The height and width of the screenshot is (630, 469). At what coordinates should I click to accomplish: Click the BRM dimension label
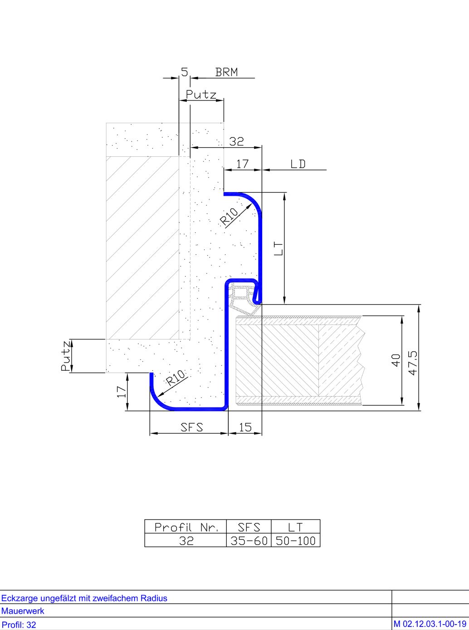coord(226,72)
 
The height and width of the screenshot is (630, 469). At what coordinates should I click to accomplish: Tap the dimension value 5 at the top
coord(184,71)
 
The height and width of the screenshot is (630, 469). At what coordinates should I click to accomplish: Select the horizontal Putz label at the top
coord(201,94)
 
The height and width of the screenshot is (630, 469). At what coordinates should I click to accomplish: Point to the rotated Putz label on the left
coord(66,356)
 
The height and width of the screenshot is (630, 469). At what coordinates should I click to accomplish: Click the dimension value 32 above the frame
coord(236,141)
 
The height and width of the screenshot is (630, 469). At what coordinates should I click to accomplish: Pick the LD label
coord(298,164)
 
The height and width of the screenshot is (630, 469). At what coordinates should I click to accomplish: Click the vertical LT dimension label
coord(278,248)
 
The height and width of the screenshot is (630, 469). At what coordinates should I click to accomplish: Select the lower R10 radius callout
coord(176,378)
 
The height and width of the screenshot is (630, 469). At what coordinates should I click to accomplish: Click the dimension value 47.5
coord(413,362)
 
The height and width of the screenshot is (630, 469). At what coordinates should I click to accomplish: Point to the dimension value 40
coord(396,360)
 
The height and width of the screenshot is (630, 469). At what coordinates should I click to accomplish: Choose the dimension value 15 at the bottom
coord(245,426)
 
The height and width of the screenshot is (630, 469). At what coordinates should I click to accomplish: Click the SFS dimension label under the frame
coord(192,426)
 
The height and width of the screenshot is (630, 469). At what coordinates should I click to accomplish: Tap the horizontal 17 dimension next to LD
coord(243,164)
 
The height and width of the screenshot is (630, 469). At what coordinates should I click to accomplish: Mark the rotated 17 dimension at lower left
coord(121,392)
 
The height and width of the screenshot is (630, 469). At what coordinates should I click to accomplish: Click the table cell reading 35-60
coord(249,541)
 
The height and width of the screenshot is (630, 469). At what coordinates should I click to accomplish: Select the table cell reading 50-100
coord(295,541)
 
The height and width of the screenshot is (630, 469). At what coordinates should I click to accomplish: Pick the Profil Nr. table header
coord(186,527)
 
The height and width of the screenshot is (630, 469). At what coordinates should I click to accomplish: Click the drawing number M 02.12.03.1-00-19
coord(430,624)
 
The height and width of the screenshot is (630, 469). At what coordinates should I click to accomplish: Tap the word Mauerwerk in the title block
coord(23,611)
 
